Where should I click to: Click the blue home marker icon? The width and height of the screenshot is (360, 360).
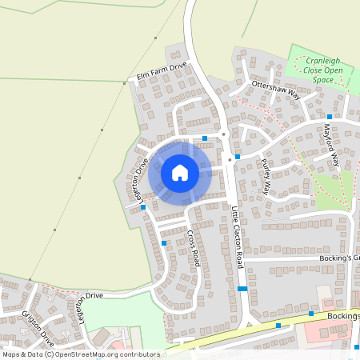[x=180, y=173]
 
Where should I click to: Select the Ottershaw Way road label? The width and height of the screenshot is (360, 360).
[x=274, y=88]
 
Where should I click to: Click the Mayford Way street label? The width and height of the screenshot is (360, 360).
[x=331, y=144]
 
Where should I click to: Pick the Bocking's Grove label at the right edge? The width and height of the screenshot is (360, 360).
[x=346, y=258]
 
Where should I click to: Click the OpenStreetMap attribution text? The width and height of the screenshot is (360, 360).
[x=80, y=354]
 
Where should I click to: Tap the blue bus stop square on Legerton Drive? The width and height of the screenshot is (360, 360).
[x=143, y=207]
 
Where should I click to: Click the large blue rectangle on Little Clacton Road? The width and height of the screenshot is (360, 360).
[x=242, y=288]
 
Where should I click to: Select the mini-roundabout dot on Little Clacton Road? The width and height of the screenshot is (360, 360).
[x=224, y=134]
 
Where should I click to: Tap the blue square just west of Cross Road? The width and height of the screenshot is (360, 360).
[x=164, y=242]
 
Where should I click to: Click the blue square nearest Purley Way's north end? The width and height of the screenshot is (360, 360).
[x=238, y=157]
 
